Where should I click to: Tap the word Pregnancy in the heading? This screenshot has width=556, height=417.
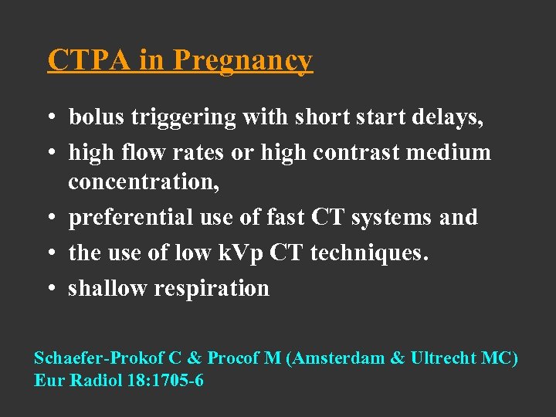pyautogui.click(x=242, y=61)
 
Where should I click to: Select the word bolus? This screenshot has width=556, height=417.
pyautogui.click(x=97, y=117)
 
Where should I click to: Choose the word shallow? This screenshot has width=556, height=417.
pyautogui.click(x=109, y=288)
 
